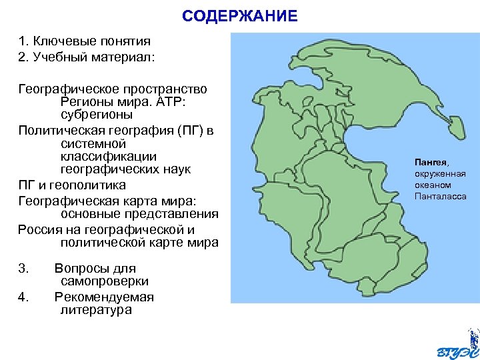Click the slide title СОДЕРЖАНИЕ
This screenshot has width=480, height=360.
(240, 16)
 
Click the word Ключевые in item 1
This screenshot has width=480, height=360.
(64, 41)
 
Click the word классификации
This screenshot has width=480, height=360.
(99, 156)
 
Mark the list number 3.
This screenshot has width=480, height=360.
(24, 269)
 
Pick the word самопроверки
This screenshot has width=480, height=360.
(101, 281)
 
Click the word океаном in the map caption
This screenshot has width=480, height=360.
(433, 185)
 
